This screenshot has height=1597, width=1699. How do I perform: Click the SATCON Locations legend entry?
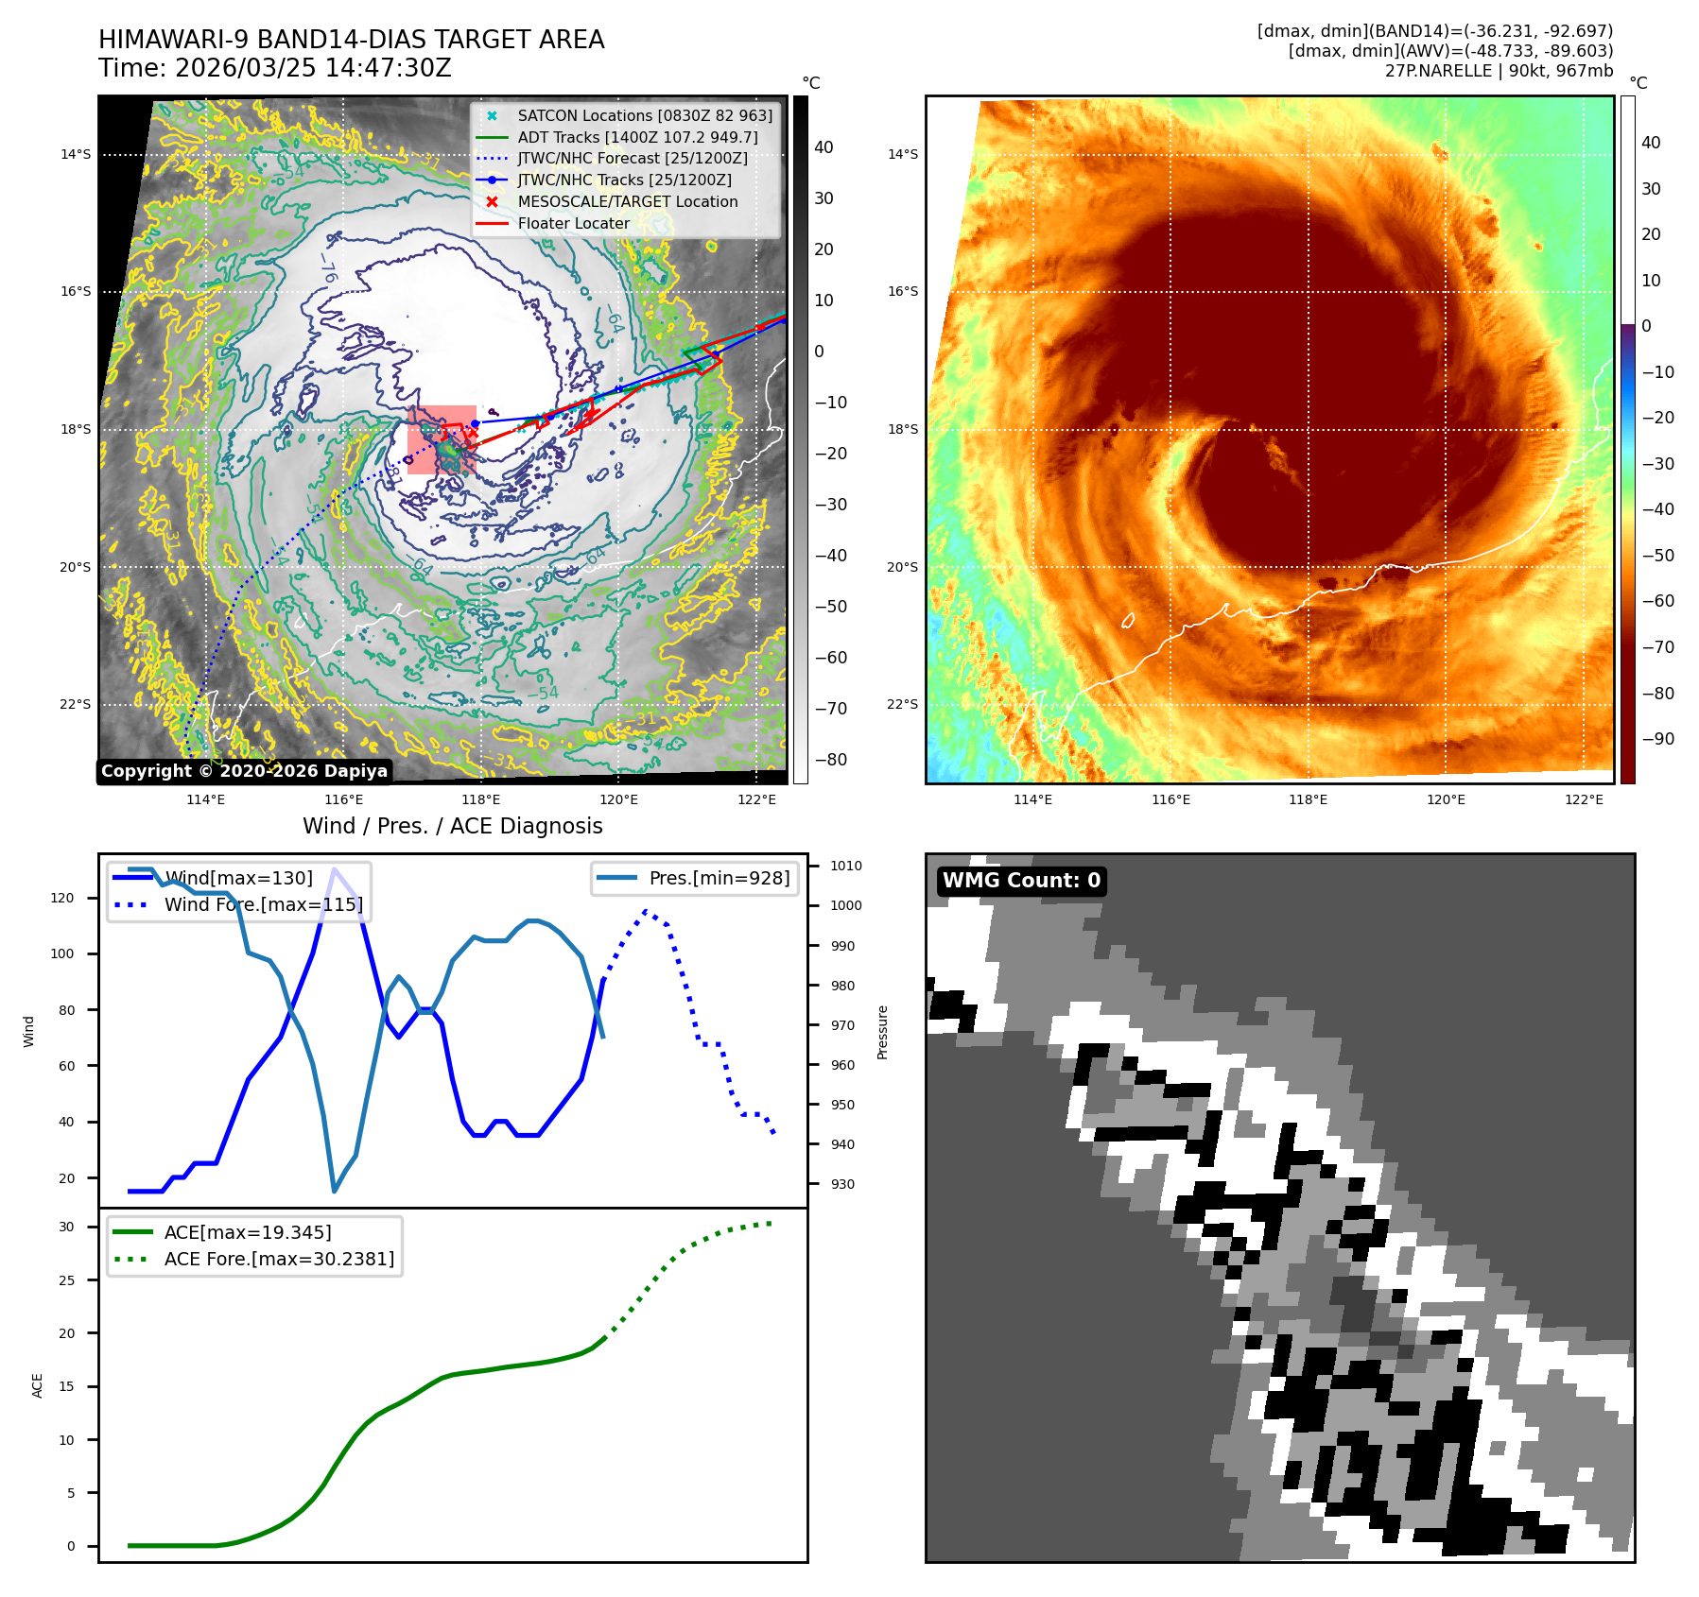644,115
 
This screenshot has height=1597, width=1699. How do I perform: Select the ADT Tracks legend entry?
637,137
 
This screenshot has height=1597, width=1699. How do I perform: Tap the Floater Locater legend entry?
573,223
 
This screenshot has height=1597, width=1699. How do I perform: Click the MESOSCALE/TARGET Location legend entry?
627,201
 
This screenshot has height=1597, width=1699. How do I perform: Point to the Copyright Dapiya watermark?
244,771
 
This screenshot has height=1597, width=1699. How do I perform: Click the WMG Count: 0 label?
1021,881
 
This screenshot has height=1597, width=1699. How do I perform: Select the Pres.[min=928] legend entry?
719,878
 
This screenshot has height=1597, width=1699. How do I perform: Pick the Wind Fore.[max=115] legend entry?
263,904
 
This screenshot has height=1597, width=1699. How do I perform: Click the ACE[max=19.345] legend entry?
248,1232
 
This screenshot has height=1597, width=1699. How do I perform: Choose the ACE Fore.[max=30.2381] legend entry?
279,1259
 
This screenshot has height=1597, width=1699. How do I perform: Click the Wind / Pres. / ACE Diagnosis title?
452,826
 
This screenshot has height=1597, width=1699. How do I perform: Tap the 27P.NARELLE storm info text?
1499,71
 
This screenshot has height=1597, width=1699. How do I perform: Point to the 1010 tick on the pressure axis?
845,866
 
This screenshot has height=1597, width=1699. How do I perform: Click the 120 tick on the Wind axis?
62,898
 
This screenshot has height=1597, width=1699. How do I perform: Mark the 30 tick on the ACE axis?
66,1227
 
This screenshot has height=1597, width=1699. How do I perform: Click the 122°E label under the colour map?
1584,799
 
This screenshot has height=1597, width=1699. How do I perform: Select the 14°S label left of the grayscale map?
76,154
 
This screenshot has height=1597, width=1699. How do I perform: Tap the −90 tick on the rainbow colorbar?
1657,739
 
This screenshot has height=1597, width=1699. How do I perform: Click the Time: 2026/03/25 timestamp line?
275,68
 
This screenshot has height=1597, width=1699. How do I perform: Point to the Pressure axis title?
882,1032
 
